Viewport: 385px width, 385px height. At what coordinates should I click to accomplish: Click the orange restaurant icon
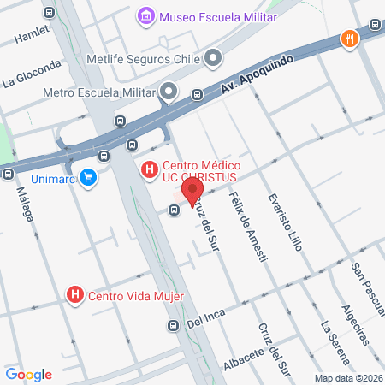click(x=348, y=38)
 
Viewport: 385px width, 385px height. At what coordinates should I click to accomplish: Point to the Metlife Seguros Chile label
click(x=143, y=60)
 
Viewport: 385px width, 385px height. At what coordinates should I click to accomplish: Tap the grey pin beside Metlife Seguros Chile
click(x=212, y=58)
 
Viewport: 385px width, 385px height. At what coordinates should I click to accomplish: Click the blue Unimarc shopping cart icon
click(x=86, y=177)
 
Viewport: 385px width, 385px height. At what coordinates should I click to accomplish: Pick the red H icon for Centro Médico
click(x=150, y=170)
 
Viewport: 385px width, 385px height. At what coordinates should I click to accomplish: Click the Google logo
click(x=29, y=374)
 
